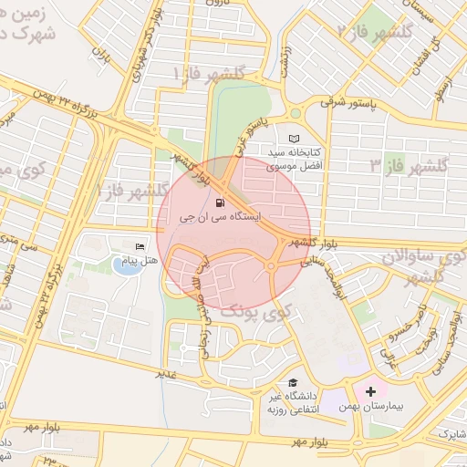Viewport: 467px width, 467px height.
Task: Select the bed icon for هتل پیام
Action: point(140,246)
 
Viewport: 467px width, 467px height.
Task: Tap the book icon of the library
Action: point(293,138)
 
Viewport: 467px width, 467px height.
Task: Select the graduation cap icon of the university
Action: point(293,382)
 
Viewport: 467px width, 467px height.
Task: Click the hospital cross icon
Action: point(370,392)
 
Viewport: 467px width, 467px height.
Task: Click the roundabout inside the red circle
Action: point(273,266)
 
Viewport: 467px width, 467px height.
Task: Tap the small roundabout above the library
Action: point(295,113)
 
